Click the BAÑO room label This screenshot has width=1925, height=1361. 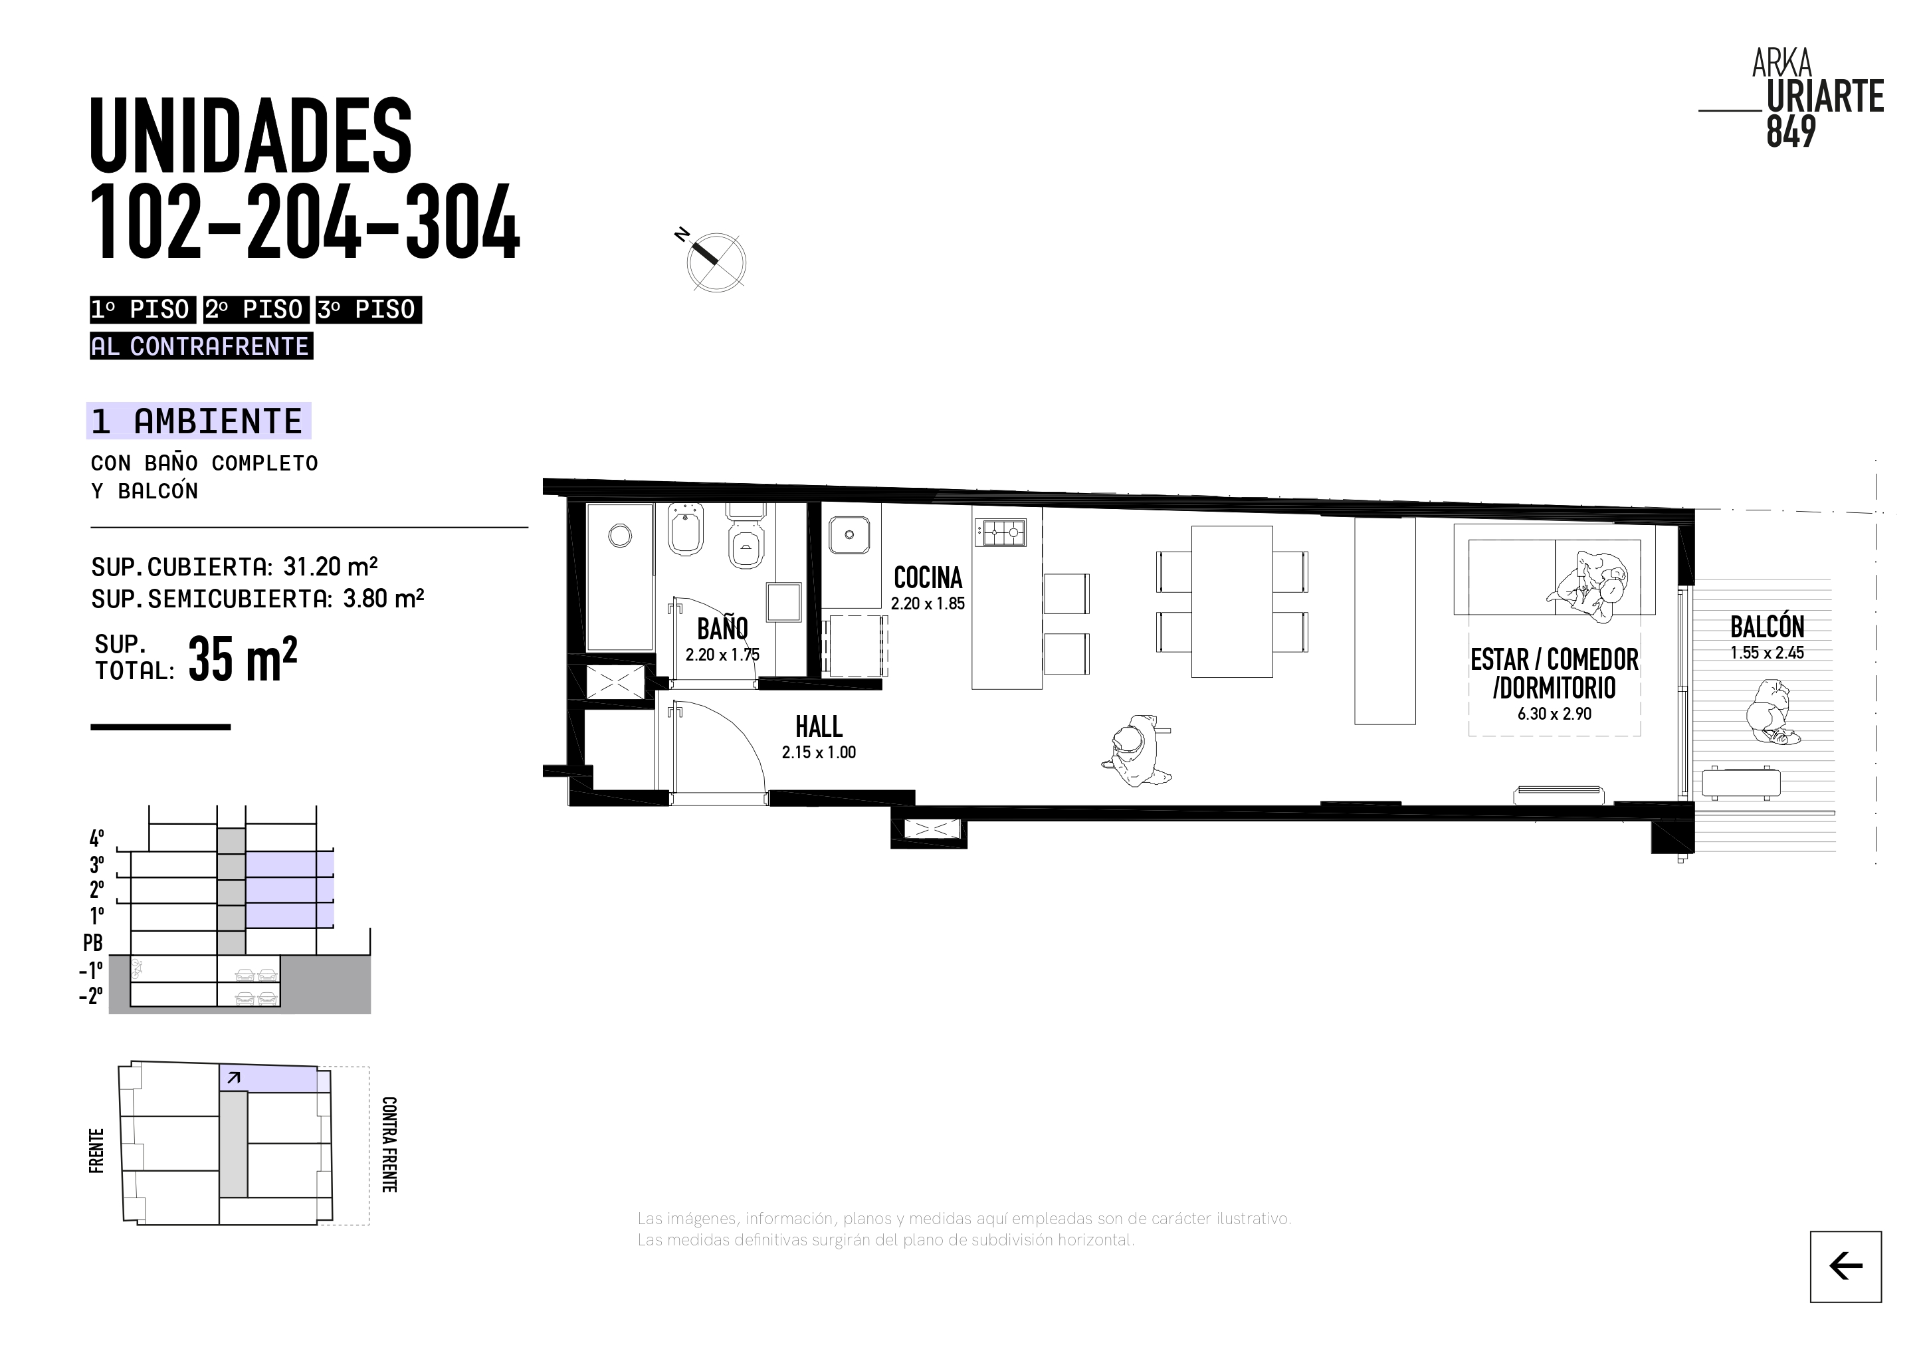(x=722, y=629)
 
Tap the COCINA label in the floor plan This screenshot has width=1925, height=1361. (x=928, y=577)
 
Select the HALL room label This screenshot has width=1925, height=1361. (x=818, y=726)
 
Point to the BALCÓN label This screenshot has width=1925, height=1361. (x=1768, y=627)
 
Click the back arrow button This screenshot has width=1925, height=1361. (x=1845, y=1266)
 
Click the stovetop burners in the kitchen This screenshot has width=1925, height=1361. (x=999, y=531)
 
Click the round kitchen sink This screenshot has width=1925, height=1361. (x=849, y=534)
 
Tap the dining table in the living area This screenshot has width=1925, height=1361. (x=1232, y=601)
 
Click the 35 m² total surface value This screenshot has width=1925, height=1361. (x=243, y=659)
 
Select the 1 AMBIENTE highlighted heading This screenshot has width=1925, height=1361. (x=199, y=421)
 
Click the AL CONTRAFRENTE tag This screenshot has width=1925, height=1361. (x=201, y=346)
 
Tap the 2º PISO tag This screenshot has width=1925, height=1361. (x=255, y=310)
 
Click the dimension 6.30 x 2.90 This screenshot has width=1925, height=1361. (x=1554, y=714)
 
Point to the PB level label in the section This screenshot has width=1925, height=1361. (x=93, y=942)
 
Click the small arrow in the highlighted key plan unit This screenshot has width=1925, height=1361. (x=234, y=1077)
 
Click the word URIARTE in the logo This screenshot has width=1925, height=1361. (x=1825, y=97)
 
